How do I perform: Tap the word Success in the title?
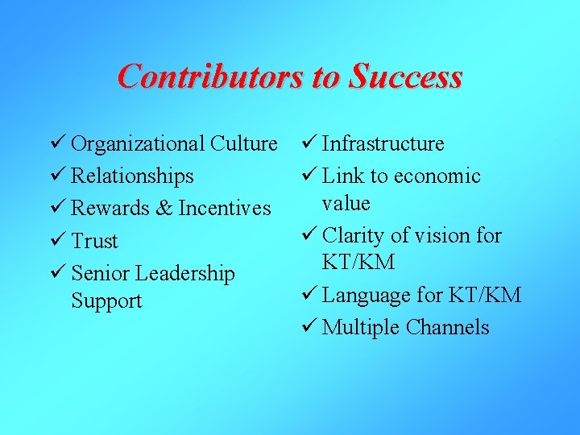tap(405, 77)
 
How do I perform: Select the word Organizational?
tap(138, 144)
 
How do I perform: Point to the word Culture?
tap(243, 144)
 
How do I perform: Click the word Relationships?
tap(132, 176)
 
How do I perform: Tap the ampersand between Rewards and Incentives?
tap(164, 209)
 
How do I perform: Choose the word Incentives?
tap(225, 209)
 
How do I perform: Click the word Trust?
tap(94, 242)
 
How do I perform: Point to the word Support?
tap(106, 301)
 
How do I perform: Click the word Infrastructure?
tap(383, 144)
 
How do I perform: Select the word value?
tap(346, 203)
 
